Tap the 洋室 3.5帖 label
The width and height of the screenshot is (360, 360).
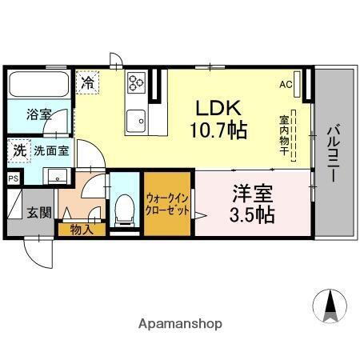[254, 203]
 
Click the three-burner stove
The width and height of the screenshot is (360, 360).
[134, 82]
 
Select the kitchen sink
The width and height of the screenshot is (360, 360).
[136, 118]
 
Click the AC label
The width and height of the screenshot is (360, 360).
[286, 84]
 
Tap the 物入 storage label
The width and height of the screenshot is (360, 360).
[82, 230]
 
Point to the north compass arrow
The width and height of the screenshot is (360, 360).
[330, 306]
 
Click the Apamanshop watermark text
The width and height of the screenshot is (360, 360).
[179, 324]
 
